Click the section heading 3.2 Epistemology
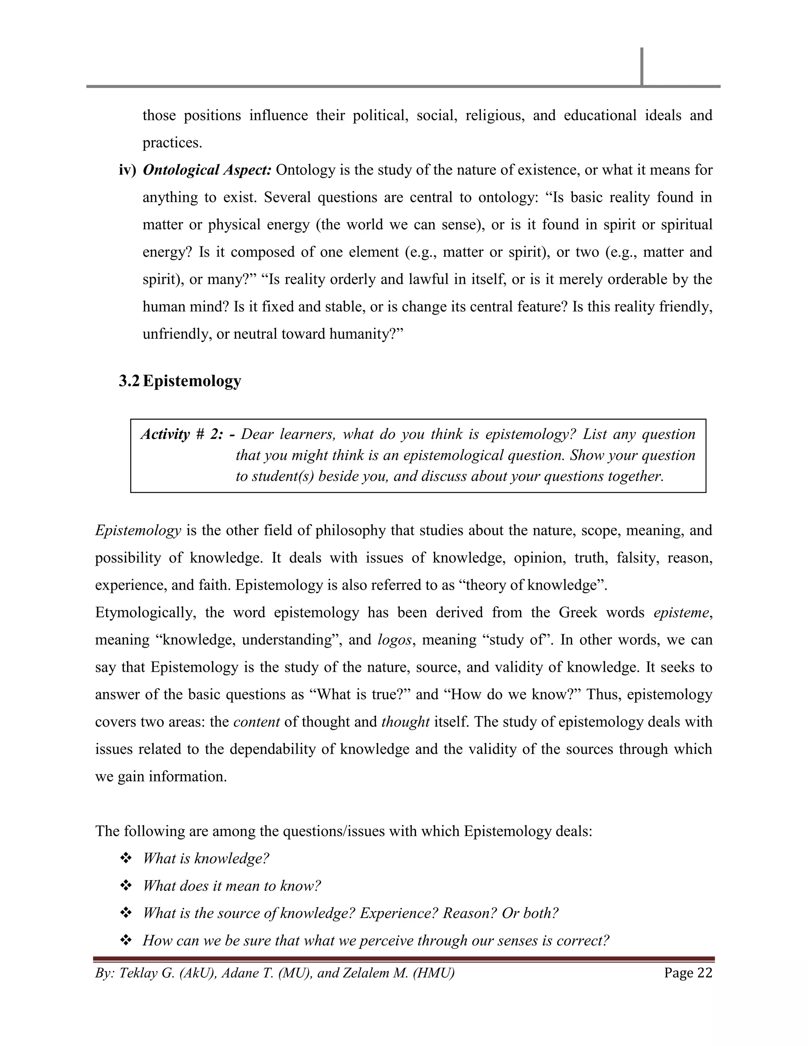(x=180, y=381)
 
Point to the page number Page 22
(x=688, y=973)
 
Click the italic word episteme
(x=681, y=613)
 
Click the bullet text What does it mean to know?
(x=232, y=886)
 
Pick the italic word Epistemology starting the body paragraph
(x=138, y=530)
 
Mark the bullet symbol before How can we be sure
(x=126, y=941)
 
